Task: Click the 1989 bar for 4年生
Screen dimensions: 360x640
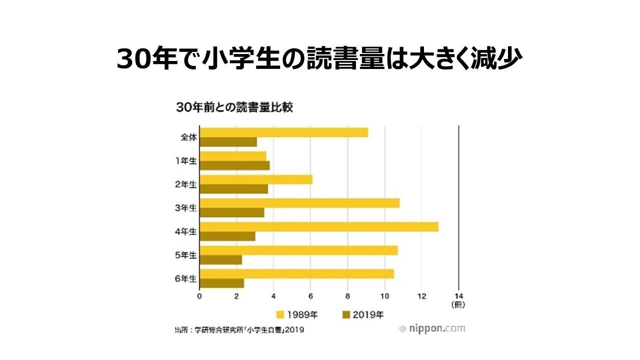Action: pyautogui.click(x=319, y=226)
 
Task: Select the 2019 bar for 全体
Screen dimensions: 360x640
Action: pyautogui.click(x=228, y=142)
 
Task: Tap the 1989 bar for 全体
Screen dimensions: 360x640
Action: pyautogui.click(x=283, y=132)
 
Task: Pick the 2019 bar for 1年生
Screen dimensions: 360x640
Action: pyautogui.click(x=234, y=165)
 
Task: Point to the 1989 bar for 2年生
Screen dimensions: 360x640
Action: pyautogui.click(x=256, y=179)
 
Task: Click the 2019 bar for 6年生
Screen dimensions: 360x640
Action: pyautogui.click(x=221, y=283)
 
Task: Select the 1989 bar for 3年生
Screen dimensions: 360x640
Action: pyautogui.click(x=299, y=203)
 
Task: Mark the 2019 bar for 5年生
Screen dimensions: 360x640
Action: pyautogui.click(x=220, y=260)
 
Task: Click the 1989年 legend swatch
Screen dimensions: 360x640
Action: pyautogui.click(x=280, y=314)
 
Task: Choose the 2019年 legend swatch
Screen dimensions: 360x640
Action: pyautogui.click(x=345, y=314)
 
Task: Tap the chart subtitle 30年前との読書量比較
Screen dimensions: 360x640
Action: pyautogui.click(x=233, y=107)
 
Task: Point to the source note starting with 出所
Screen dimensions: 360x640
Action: pyautogui.click(x=239, y=330)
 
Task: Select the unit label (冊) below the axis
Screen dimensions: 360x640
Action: pyautogui.click(x=458, y=304)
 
